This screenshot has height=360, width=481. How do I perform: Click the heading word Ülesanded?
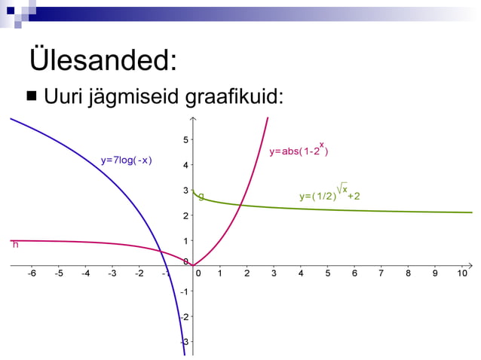coord(103,60)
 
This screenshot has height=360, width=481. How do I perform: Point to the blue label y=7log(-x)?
coord(127,160)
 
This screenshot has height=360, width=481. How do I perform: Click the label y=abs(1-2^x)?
coord(298,151)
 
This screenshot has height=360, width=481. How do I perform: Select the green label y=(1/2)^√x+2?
coord(329,195)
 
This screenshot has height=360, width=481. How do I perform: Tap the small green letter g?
coord(201,197)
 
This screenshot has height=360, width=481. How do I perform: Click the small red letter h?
coord(14,244)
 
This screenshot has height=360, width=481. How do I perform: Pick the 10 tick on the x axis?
coord(462,273)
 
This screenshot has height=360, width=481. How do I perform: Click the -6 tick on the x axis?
coord(31,273)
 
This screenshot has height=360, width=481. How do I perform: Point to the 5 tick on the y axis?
coord(186,139)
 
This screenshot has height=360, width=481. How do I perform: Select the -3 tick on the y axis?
coord(185,342)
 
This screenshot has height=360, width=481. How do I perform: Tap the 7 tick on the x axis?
coord(381,273)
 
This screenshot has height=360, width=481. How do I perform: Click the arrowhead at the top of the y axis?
coord(194,119)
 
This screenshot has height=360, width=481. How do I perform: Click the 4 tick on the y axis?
coord(186,165)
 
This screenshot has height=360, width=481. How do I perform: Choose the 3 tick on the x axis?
coord(274,273)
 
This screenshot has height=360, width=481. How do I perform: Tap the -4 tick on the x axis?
coord(85,273)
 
